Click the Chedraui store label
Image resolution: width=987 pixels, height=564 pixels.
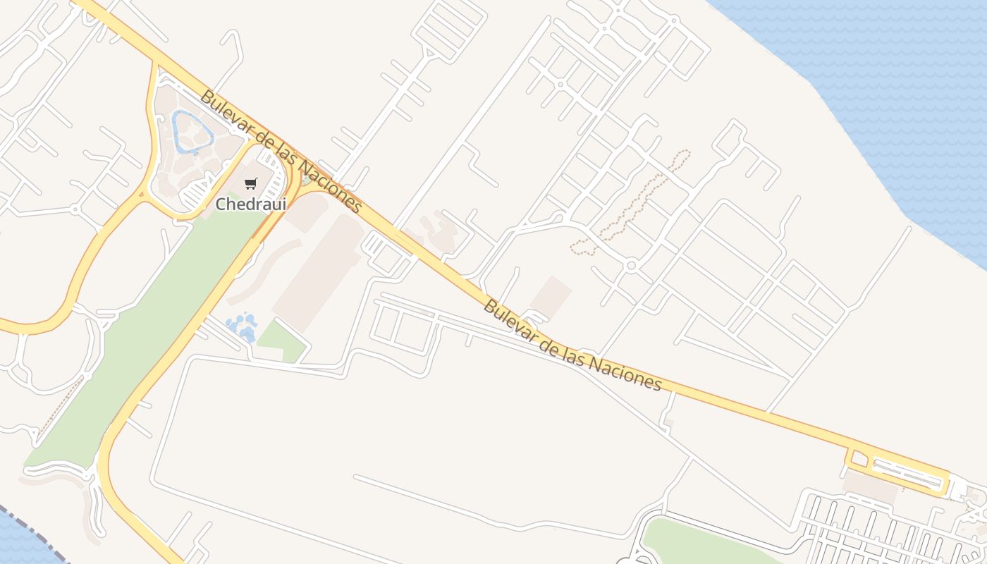[x=250, y=204]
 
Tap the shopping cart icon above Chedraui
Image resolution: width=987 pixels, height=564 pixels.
[x=251, y=184]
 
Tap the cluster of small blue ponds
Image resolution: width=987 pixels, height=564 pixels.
[x=242, y=327]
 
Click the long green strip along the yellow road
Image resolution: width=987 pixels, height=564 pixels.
[x=141, y=338]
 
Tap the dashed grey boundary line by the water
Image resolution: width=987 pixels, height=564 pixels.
[x=32, y=525]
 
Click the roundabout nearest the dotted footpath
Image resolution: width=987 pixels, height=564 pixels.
[x=631, y=266]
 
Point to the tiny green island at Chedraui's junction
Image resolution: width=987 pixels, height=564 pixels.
[x=305, y=180]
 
